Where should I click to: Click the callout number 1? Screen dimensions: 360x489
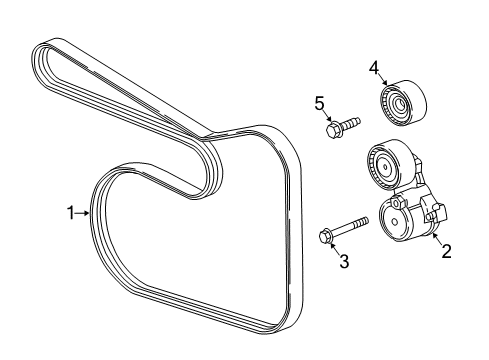coord(71,212)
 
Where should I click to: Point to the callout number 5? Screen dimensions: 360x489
coord(321,102)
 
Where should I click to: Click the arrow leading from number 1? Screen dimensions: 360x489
coord(84,212)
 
